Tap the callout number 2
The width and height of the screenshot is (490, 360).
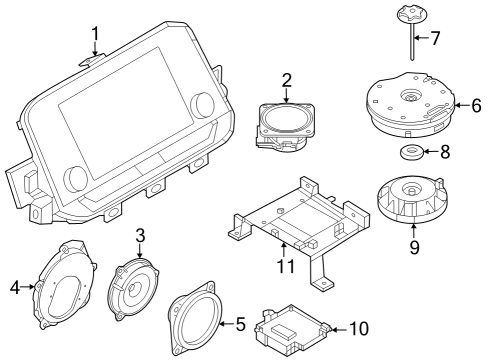tap(286, 79)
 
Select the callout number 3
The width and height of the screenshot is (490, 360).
tap(141, 236)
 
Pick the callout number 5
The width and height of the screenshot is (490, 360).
tap(239, 323)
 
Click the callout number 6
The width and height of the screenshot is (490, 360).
tap(476, 104)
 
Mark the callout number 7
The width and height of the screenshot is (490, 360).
tap(435, 39)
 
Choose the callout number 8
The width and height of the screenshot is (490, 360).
tap(445, 152)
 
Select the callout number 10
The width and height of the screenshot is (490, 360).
tap(360, 327)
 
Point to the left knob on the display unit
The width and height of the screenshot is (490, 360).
tap(75, 179)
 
